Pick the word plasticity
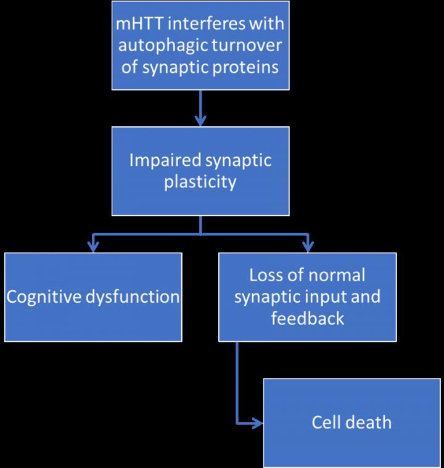pyautogui.click(x=201, y=183)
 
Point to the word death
pyautogui.click(x=369, y=422)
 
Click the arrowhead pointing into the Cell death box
pyautogui.click(x=258, y=423)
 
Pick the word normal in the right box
pyautogui.click(x=336, y=275)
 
